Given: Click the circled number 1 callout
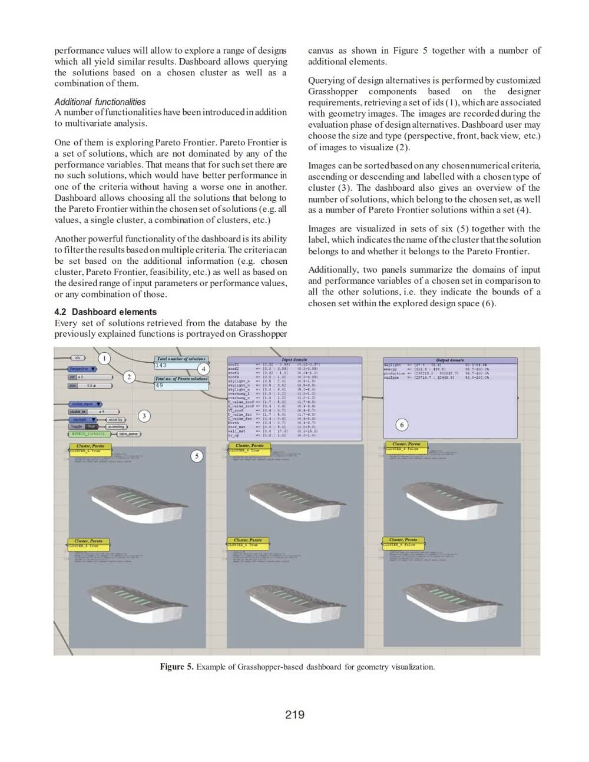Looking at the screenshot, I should [104, 358].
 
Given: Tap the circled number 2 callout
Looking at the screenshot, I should [129, 377].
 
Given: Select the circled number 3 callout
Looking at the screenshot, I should [144, 416].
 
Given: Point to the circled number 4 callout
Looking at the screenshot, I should [203, 369].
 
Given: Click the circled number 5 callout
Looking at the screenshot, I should [197, 456].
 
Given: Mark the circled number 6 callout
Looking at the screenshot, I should [402, 425].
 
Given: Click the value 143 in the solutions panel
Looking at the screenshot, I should [161, 366].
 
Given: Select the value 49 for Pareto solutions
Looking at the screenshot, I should [159, 385].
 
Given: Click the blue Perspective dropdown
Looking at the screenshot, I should [82, 369].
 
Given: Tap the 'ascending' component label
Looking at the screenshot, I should [116, 426].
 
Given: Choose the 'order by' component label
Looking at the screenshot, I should [115, 420].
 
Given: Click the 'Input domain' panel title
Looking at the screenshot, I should [294, 359].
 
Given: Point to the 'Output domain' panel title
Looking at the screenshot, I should [449, 360].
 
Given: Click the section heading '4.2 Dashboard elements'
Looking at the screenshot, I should [105, 312].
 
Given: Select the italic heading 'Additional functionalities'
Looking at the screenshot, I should [100, 102].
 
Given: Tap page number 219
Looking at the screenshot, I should [294, 714].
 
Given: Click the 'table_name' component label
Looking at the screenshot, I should [128, 434].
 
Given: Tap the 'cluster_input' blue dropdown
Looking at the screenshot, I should [82, 404].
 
